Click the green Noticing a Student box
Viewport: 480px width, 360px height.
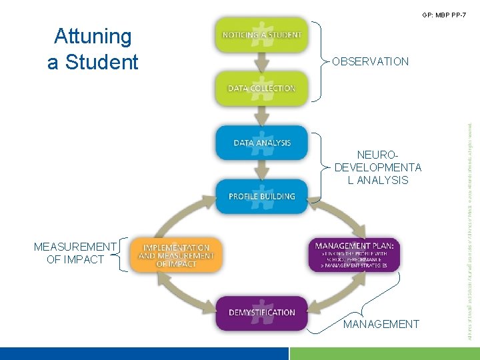262,35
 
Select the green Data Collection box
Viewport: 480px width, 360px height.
262,88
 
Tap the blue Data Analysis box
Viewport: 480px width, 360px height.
262,142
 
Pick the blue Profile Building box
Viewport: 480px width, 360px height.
262,196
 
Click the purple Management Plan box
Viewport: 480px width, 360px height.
355,254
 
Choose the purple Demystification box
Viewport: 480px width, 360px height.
262,312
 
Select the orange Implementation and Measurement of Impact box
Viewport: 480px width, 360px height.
176,255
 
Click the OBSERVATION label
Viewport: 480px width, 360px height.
371,61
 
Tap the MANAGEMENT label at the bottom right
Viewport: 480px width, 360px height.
381,324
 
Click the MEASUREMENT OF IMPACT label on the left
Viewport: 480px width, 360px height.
75,253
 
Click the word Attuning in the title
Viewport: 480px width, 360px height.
93,36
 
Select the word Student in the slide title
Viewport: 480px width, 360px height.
107,62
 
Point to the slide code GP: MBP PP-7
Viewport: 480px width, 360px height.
444,15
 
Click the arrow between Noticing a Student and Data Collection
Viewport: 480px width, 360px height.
262,61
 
